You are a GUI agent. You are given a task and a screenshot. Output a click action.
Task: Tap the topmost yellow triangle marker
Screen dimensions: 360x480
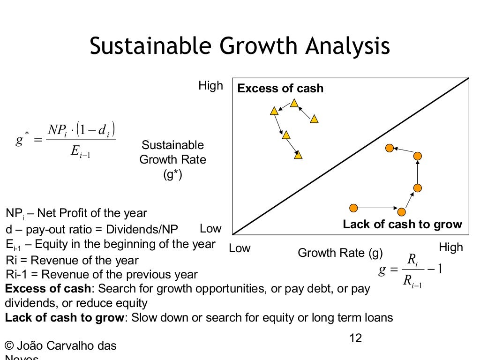click(x=294, y=103)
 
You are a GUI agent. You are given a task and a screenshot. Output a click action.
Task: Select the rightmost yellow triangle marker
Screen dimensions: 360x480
click(x=314, y=120)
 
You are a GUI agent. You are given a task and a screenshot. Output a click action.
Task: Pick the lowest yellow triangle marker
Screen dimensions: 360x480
click(x=298, y=155)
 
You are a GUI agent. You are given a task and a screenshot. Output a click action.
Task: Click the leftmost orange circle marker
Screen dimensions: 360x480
click(x=353, y=208)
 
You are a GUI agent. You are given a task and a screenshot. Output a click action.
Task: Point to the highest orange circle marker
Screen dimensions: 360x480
click(x=389, y=148)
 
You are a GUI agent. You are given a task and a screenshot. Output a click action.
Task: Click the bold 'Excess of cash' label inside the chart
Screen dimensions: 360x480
click(x=280, y=88)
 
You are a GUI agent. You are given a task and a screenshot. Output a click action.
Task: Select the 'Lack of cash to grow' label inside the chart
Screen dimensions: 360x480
click(x=402, y=224)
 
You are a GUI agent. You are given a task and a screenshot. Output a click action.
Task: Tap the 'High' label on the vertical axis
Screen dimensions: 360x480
click(x=210, y=86)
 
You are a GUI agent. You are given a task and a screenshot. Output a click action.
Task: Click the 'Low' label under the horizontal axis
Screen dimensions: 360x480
click(x=240, y=248)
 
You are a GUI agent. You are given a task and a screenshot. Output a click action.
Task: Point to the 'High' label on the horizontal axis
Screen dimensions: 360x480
click(x=450, y=247)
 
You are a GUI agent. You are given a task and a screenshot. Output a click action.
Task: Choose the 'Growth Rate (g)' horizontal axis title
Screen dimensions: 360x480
click(x=340, y=253)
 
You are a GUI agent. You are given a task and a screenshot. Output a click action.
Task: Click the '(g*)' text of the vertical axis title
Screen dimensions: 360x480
click(x=172, y=175)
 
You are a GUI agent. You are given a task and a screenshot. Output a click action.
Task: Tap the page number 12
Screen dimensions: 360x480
click(x=356, y=338)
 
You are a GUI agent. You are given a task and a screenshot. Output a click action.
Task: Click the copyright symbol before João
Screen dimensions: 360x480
click(x=9, y=346)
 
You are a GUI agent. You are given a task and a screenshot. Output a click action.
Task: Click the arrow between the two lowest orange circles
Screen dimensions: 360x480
click(x=378, y=208)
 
